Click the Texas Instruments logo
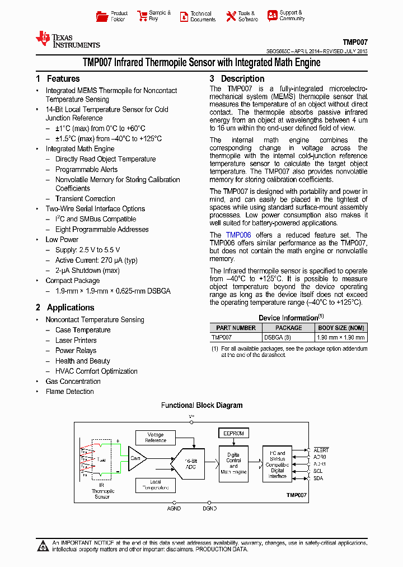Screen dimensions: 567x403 click(67, 39)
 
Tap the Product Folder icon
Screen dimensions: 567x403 click(102, 16)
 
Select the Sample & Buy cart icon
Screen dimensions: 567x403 click(142, 16)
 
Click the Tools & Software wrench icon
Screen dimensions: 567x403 click(231, 16)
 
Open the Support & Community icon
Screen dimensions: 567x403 click(273, 16)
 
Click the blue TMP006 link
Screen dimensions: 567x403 click(238, 235)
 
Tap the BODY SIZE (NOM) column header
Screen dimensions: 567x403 click(341, 328)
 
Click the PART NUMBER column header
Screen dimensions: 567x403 click(236, 328)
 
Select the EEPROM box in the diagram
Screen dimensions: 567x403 click(233, 433)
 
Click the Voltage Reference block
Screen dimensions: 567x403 click(156, 438)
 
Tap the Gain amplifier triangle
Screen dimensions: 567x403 click(136, 458)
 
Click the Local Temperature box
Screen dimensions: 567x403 click(156, 485)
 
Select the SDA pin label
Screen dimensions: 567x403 click(318, 478)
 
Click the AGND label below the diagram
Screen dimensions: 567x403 click(174, 509)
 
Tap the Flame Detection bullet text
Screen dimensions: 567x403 click(69, 392)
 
